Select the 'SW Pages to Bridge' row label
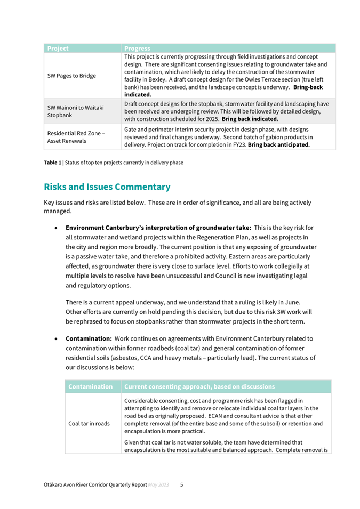[x=71, y=76]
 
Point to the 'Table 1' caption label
[x=52, y=163]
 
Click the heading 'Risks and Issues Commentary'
[x=107, y=187]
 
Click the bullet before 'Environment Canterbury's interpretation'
[x=56, y=228]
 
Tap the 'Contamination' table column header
[x=91, y=386]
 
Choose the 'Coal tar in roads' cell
[x=90, y=424]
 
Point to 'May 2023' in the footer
[x=158, y=485]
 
